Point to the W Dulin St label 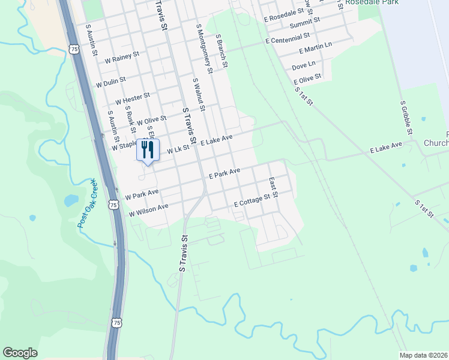click(110, 82)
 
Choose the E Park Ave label click(224, 174)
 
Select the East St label click(274, 187)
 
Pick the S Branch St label click(221, 50)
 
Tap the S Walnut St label click(199, 95)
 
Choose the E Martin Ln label click(315, 47)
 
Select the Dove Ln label click(303, 64)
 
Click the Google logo click(20, 353)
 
